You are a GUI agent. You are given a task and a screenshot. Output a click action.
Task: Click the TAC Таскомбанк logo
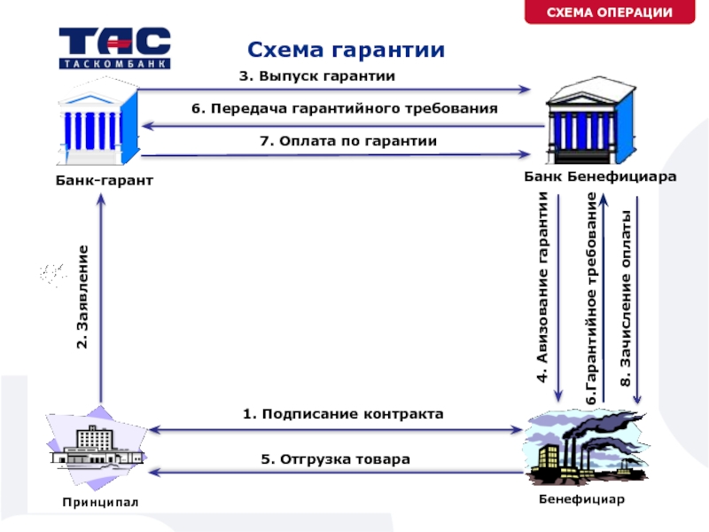click(115, 48)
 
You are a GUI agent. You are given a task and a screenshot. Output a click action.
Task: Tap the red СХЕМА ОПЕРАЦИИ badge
click(610, 12)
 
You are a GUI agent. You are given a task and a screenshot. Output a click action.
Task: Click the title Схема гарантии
click(346, 50)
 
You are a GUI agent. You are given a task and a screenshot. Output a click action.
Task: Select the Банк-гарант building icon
click(97, 121)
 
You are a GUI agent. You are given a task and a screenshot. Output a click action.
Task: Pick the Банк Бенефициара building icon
click(590, 121)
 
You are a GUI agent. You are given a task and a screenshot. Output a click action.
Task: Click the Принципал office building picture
click(97, 448)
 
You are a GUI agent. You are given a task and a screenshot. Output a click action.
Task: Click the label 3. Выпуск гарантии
click(317, 76)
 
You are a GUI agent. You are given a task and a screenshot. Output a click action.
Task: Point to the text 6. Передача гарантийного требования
click(345, 108)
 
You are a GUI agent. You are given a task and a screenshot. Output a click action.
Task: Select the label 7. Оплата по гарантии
click(348, 141)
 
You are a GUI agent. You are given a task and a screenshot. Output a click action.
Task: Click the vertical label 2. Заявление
click(82, 297)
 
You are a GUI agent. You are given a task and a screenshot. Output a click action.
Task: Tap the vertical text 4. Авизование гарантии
click(542, 287)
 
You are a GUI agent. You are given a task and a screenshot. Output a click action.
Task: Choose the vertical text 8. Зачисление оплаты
click(626, 299)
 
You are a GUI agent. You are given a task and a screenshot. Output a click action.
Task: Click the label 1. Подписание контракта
click(343, 414)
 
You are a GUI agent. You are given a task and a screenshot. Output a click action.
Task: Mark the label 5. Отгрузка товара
click(336, 459)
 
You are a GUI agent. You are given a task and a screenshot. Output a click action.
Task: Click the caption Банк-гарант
click(105, 181)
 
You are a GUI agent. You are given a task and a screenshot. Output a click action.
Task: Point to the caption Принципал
click(100, 502)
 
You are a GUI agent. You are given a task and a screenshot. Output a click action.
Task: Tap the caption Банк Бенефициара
click(600, 176)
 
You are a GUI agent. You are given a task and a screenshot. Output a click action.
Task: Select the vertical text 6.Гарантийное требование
click(591, 299)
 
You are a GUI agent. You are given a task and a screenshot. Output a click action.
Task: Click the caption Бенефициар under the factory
click(582, 499)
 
